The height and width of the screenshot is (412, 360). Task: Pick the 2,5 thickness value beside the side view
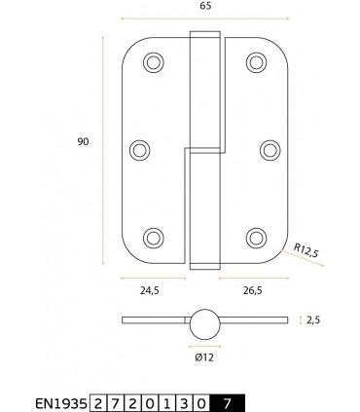pyautogui.click(x=312, y=318)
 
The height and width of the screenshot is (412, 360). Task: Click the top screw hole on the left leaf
pyautogui.click(x=154, y=62)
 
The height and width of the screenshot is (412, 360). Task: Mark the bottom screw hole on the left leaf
pyautogui.click(x=154, y=236)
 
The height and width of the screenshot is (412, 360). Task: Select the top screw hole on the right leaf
pyautogui.click(x=256, y=62)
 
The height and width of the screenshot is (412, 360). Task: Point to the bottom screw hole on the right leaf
pyautogui.click(x=256, y=236)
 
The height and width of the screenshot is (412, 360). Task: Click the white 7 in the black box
pyautogui.click(x=227, y=401)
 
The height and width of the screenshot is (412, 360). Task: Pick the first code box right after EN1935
pyautogui.click(x=100, y=401)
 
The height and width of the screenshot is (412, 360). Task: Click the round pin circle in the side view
pyautogui.click(x=204, y=323)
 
